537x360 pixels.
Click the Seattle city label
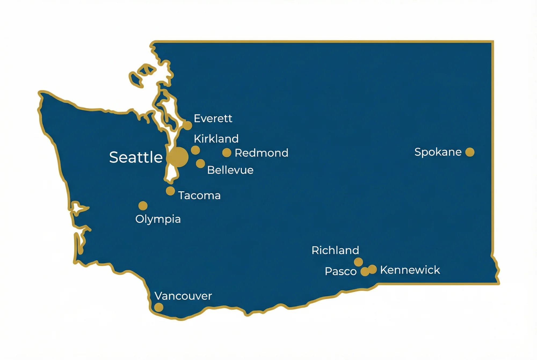[x=136, y=157]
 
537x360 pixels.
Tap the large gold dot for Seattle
[x=178, y=157]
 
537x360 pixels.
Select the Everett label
[x=213, y=118]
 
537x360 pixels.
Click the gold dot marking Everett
[x=187, y=125]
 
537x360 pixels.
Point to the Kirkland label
[x=216, y=139]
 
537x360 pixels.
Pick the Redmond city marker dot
[x=227, y=153]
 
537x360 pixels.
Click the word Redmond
[x=261, y=153]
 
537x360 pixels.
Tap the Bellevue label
[x=230, y=170]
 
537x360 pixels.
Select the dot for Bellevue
[x=200, y=163]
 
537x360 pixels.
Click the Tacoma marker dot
[x=170, y=191]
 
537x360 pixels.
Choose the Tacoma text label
[x=199, y=195]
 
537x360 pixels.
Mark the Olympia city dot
[x=143, y=206]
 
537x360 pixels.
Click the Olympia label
[x=158, y=219]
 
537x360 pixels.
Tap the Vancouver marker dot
[x=159, y=307]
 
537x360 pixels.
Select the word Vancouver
[x=183, y=296]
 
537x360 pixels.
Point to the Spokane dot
[x=470, y=152]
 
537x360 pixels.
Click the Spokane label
[x=438, y=152]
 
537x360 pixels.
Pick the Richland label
[x=335, y=250]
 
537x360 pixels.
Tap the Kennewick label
[x=410, y=270]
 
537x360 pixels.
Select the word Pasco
[x=340, y=271]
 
